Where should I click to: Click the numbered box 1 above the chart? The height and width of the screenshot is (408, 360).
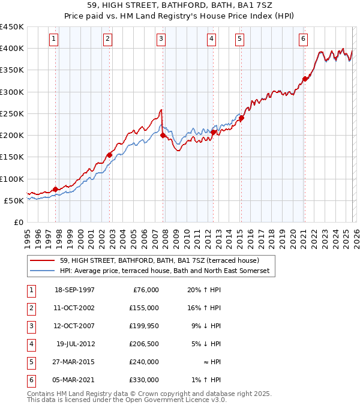pos(54,39)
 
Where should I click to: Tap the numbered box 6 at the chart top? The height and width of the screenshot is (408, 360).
pos(303,39)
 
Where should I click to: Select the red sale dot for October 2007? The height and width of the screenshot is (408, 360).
pos(163,136)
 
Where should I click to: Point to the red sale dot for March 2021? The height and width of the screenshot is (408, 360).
pos(305,79)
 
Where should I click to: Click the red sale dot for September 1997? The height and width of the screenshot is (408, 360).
pos(56,189)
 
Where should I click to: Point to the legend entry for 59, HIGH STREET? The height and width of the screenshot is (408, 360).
pos(159,260)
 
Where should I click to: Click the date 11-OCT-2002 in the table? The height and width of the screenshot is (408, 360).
pos(75,308)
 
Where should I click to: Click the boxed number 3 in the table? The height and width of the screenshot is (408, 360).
pos(31,326)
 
